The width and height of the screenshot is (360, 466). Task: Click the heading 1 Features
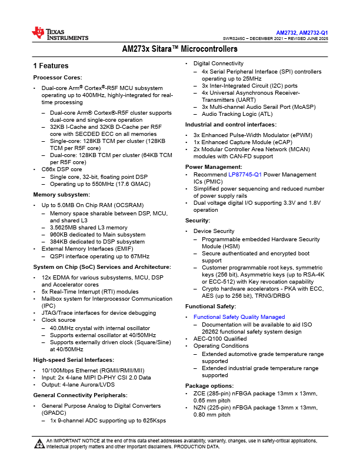pos(51,66)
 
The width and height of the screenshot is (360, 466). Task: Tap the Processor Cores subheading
pos(58,77)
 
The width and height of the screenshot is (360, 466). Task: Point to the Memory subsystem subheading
pos(61,194)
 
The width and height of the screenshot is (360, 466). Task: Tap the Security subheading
pos(198,219)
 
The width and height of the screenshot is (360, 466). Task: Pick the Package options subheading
pos(209,385)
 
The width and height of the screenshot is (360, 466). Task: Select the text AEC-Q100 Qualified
pos(220,339)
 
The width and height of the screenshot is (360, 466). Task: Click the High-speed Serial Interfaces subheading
pos(74,360)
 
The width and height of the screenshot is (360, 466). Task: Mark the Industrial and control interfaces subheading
pos(231,125)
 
